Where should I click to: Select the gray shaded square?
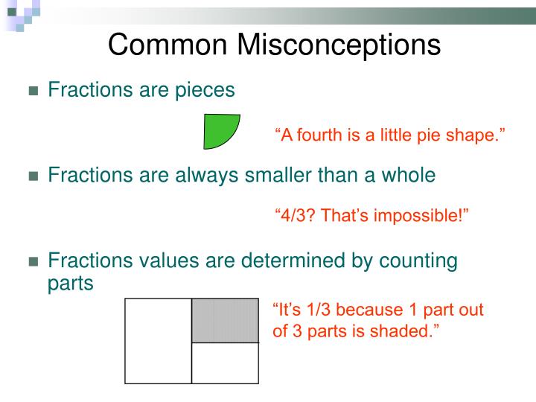225,321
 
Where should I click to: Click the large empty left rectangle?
159,341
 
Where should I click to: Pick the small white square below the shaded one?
225,363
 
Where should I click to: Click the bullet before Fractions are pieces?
33,92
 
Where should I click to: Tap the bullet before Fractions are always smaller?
33,176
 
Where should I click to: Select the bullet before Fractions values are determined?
33,262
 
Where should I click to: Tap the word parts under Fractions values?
71,284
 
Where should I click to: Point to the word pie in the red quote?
430,135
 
